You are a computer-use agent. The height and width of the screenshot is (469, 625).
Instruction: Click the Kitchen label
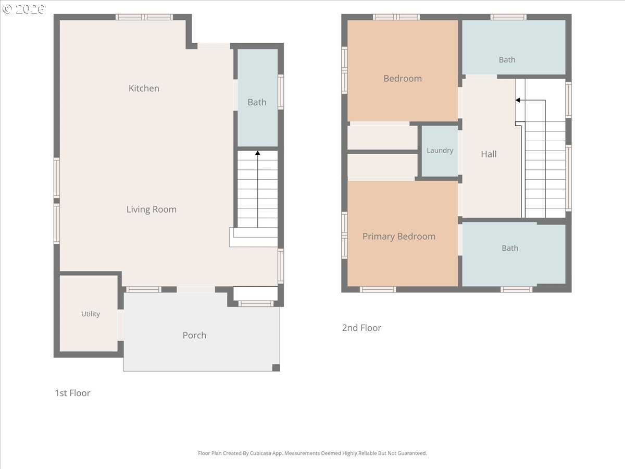coord(144,88)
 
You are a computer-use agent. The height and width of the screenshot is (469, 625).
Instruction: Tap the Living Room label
coord(152,209)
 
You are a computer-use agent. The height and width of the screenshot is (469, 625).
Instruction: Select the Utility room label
coord(91,314)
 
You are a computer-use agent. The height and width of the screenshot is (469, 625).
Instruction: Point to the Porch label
coord(194,335)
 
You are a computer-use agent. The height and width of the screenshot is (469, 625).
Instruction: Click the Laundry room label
coord(440,151)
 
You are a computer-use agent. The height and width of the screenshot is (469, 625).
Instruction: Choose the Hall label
coord(489,154)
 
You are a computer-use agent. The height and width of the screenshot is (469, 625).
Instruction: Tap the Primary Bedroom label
coord(399,237)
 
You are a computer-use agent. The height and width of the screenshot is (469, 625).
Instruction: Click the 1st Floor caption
coord(72,393)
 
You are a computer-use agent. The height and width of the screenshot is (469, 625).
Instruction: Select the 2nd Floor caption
coord(361,328)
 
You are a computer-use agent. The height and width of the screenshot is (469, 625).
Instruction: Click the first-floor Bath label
coord(257,102)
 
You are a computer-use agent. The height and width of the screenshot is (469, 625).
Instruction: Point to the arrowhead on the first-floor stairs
coord(258,153)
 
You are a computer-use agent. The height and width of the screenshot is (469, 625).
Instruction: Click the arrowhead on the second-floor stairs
coord(518,100)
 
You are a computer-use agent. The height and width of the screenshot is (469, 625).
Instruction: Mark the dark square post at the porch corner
coord(276,367)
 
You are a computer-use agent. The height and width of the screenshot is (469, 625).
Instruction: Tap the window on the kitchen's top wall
coord(144,17)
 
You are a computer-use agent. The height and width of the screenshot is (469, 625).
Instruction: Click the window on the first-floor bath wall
coord(281,92)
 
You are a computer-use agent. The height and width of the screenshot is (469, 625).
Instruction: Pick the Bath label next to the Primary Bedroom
coord(510,249)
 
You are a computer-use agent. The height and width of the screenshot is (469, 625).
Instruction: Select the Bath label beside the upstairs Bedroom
coord(507,60)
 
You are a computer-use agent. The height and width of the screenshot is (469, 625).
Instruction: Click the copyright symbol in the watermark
coord(7,9)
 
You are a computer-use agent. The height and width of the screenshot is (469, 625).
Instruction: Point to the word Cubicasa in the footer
coord(260,453)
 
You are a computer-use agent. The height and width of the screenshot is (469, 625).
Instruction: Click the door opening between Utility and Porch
coord(120,325)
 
